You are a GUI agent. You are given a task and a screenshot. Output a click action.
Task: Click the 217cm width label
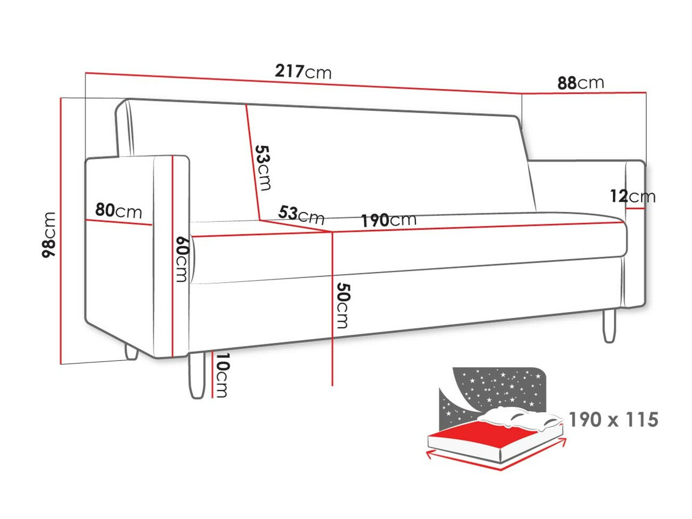303,71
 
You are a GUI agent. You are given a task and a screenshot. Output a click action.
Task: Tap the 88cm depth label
581,83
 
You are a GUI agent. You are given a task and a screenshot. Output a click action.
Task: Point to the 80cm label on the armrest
119,211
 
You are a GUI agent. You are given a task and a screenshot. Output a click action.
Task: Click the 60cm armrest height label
181,258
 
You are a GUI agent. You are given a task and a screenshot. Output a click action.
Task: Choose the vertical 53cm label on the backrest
263,167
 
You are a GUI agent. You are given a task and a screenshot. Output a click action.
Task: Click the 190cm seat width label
389,220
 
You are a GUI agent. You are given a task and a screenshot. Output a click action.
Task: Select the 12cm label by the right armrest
633,196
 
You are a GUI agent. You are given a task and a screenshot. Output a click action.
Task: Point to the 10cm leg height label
222,375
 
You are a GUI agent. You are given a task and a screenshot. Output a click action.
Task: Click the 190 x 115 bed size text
613,420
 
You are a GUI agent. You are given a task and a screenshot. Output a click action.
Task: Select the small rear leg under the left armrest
131,353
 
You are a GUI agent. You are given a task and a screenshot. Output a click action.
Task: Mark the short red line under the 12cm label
635,209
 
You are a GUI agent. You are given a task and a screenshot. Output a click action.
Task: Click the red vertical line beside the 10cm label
212,374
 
